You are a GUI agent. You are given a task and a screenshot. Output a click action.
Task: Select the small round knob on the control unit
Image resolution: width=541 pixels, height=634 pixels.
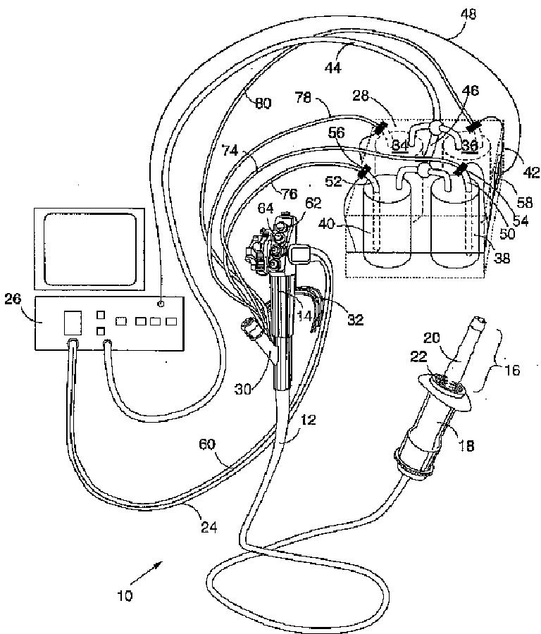click(161, 304)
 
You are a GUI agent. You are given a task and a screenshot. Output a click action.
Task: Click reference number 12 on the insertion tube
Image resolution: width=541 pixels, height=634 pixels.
click(308, 421)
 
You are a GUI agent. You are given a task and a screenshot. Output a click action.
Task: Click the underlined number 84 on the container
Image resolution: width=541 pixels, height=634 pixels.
click(400, 145)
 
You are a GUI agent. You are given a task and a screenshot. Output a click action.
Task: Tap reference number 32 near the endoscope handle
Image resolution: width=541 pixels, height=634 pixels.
click(355, 319)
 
